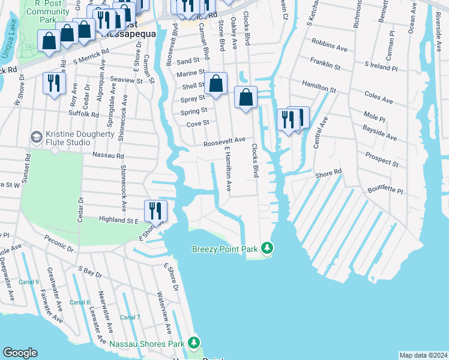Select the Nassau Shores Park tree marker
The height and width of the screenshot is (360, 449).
[193, 343]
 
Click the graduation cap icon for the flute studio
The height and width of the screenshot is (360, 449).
[36, 138]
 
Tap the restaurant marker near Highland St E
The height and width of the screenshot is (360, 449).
[155, 211]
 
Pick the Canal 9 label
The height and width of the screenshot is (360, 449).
[28, 282]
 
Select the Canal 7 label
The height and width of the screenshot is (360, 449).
[130, 317]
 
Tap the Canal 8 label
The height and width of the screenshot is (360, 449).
[79, 302]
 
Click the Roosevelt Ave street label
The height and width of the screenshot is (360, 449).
[224, 142]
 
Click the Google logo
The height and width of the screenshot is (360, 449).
[20, 353]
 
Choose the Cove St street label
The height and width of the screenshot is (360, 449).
[197, 123]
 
